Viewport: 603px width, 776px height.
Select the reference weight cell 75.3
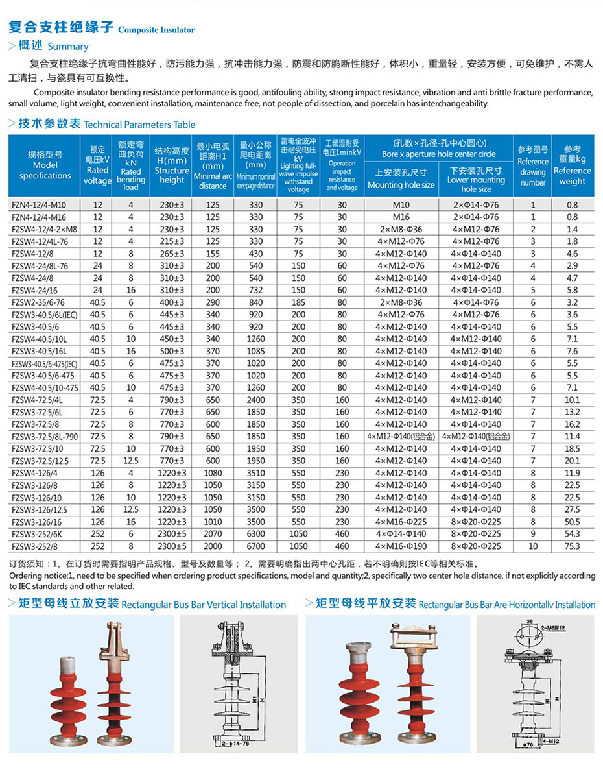tap(572, 546)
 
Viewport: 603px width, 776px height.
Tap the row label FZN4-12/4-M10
tap(39, 205)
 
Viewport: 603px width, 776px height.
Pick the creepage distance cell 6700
tap(256, 546)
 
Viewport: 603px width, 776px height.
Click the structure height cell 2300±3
tap(172, 534)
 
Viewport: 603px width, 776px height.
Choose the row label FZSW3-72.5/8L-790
tap(44, 437)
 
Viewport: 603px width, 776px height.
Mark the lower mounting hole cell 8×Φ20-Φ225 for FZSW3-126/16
tap(476, 522)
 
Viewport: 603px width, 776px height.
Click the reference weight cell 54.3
tap(572, 534)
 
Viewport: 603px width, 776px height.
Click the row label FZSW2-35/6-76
tap(38, 302)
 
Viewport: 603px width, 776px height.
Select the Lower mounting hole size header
tap(476, 179)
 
